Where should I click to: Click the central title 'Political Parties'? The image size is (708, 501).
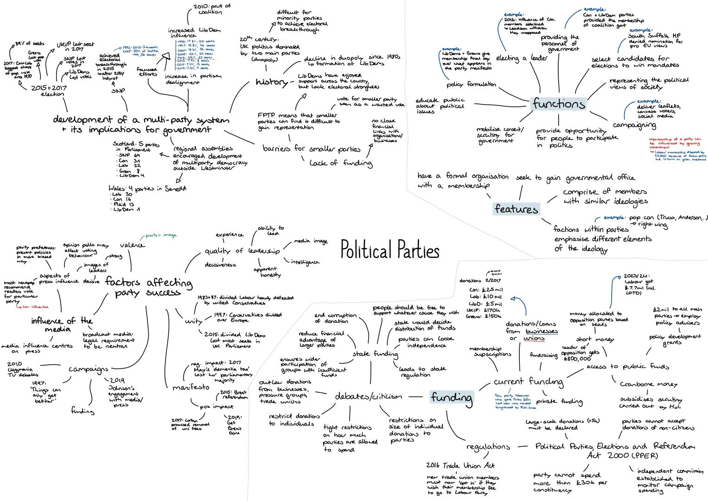pos(389,251)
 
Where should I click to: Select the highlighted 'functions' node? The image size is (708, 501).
pos(558,103)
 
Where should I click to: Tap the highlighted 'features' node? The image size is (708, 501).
pos(516,209)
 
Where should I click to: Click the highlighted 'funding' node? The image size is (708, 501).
pos(452,398)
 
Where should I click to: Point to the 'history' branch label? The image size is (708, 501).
pos(271,83)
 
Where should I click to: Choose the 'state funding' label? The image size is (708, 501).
pos(375,354)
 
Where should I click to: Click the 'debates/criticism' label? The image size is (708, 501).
pos(368,397)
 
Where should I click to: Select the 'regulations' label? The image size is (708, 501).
pos(488,446)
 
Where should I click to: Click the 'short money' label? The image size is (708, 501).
pos(595,340)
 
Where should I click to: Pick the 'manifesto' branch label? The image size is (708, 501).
pos(191,387)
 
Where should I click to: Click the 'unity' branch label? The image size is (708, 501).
pos(193,321)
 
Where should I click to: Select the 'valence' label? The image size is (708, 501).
pos(132,245)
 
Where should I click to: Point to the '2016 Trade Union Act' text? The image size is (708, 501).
pos(460,465)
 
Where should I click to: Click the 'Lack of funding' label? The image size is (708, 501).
pos(340,163)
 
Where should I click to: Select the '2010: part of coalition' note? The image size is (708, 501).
pos(210,9)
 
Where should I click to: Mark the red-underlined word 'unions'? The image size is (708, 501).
pos(533,339)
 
